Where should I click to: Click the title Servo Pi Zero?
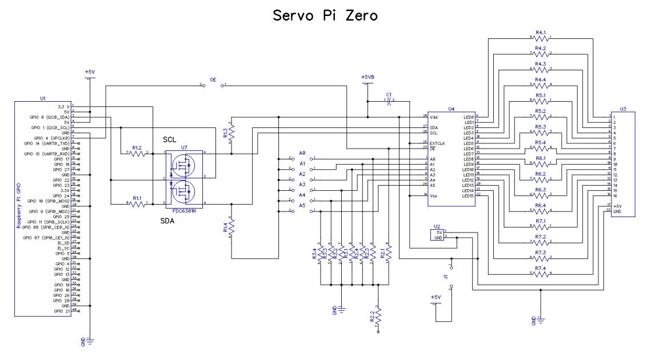(323, 15)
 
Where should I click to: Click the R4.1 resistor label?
(541, 33)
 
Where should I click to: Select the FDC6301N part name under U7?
(185, 210)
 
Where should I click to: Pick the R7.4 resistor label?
(541, 267)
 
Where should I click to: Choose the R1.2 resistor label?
(137, 147)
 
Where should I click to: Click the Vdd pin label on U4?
(434, 117)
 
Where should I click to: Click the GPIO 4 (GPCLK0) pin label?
(50, 138)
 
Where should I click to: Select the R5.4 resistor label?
(541, 142)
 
